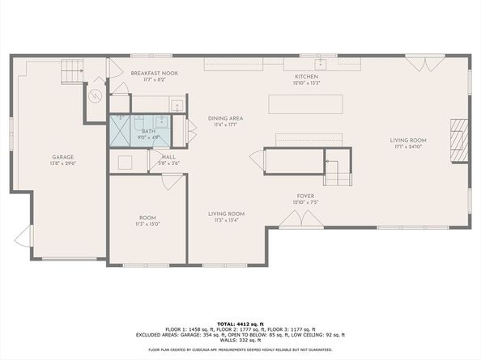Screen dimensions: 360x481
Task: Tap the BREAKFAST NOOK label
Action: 154,73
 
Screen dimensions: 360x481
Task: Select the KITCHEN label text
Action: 306,76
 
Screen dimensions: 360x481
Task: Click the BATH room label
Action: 148,131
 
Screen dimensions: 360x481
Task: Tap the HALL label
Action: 169,157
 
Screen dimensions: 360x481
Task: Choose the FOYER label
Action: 304,196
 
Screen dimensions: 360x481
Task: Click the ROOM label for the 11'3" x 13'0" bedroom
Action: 147,218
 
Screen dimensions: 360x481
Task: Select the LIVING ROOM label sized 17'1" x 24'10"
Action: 408,141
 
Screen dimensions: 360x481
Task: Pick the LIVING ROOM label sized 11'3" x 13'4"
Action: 229,214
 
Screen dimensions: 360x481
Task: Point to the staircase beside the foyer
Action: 335,169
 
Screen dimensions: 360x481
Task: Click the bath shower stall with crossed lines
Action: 124,129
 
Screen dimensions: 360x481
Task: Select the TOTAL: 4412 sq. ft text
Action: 240,324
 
